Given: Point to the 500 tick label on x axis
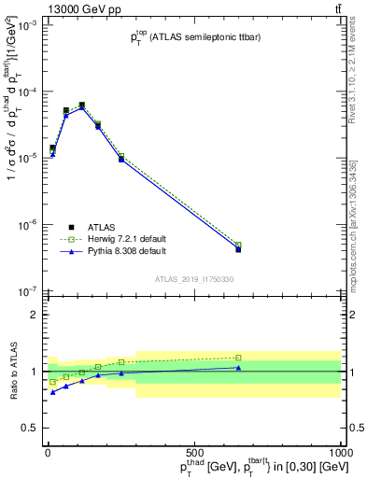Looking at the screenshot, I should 194,452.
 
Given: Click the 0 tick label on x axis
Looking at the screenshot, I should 48,452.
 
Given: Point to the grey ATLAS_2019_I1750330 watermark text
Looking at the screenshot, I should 194,278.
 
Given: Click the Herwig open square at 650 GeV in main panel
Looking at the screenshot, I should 239,246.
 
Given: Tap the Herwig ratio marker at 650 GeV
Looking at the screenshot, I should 239,358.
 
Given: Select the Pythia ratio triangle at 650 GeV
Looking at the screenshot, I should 239,368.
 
